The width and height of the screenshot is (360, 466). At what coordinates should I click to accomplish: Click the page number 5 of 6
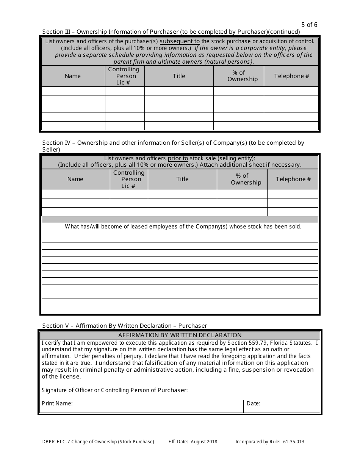tap(310, 25)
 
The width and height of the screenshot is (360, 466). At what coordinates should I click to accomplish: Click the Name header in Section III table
tap(73, 76)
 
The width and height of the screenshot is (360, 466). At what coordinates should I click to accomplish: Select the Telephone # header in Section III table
tap(291, 76)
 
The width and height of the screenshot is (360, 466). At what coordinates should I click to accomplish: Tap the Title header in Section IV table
tap(182, 179)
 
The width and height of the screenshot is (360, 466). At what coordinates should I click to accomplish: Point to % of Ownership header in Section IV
tap(242, 179)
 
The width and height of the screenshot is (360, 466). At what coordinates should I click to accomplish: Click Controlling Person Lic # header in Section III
tap(124, 76)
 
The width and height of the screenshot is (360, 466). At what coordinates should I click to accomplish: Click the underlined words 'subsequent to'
tap(180, 41)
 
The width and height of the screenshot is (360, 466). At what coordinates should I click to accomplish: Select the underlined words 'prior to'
tap(178, 158)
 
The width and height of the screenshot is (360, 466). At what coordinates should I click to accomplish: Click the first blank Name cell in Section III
tap(73, 91)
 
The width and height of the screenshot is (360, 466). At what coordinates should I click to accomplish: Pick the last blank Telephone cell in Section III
tap(291, 126)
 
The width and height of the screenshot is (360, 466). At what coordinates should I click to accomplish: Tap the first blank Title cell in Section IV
tap(182, 194)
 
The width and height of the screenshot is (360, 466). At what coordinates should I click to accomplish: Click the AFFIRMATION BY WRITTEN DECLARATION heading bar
tap(180, 335)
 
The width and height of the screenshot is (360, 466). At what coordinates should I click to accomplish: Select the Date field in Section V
tap(282, 406)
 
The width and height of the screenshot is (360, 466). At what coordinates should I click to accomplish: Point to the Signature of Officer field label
tap(114, 390)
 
